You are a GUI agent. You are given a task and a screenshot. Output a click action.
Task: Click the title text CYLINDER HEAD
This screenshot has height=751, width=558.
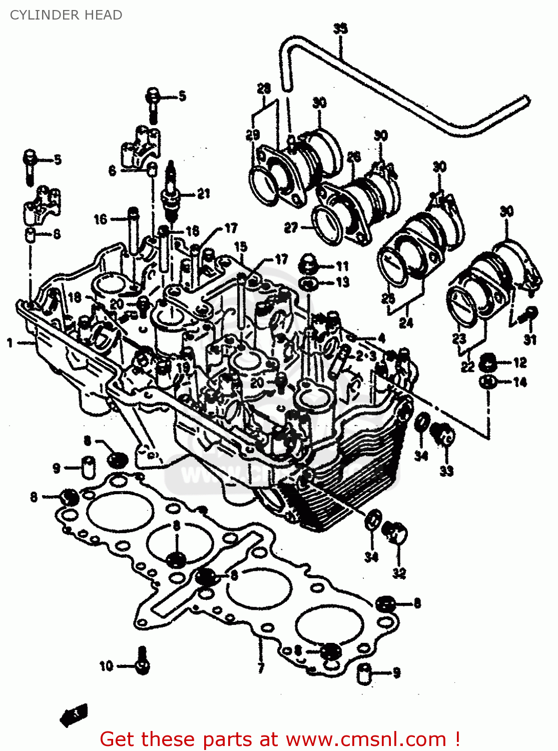(x=66, y=15)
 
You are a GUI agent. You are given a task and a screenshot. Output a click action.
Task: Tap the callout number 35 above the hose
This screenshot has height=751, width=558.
(x=340, y=29)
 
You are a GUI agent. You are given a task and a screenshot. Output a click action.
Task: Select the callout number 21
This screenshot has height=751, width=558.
(x=203, y=193)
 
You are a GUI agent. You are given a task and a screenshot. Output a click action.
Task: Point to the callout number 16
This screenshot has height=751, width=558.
(x=101, y=219)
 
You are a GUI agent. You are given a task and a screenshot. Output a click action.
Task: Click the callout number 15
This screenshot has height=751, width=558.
(x=241, y=246)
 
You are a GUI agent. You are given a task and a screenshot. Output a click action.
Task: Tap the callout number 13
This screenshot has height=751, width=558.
(x=342, y=282)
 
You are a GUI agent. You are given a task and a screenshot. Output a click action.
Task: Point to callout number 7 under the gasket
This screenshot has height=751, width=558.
(x=261, y=667)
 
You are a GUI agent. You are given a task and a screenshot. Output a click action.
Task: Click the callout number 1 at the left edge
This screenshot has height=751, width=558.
(x=10, y=343)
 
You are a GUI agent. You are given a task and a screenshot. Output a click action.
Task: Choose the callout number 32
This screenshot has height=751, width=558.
(x=399, y=573)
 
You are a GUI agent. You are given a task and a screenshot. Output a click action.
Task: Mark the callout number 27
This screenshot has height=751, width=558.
(x=291, y=228)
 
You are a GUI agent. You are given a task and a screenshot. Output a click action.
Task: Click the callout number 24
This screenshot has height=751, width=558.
(x=406, y=323)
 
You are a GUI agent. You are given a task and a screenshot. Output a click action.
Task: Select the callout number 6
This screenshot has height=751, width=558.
(x=113, y=171)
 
